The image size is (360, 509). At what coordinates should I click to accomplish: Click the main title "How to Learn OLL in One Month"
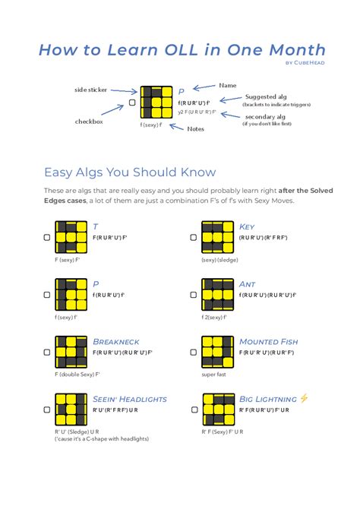click(x=182, y=50)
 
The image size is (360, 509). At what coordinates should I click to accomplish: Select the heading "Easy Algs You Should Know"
click(x=130, y=172)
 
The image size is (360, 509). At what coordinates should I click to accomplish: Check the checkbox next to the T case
click(x=47, y=237)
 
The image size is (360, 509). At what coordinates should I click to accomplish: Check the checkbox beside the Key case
click(x=194, y=237)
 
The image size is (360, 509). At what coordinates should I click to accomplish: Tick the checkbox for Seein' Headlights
click(x=47, y=410)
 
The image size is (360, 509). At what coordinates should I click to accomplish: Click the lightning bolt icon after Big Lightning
click(x=305, y=398)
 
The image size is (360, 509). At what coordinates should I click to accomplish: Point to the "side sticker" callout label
click(x=91, y=90)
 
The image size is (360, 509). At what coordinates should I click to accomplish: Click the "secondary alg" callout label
click(x=265, y=116)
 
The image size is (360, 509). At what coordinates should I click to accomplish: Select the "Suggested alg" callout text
click(x=266, y=96)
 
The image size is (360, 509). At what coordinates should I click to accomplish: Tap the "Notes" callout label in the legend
click(x=196, y=128)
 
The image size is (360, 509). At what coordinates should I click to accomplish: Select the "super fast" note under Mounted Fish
click(x=215, y=375)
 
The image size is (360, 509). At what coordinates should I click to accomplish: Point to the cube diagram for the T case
click(x=71, y=236)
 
